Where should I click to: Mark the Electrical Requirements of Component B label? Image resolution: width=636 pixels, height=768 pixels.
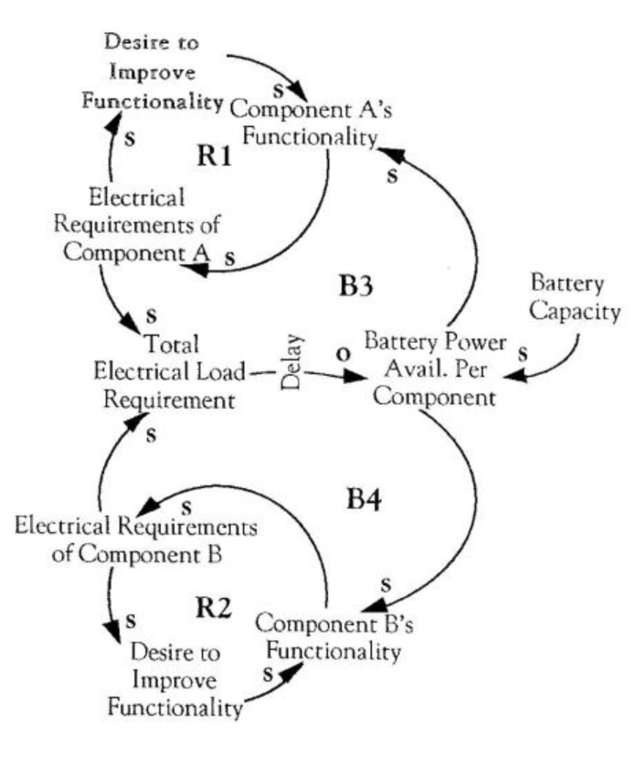[x=136, y=540]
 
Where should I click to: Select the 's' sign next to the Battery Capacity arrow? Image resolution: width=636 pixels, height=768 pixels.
[x=523, y=354]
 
